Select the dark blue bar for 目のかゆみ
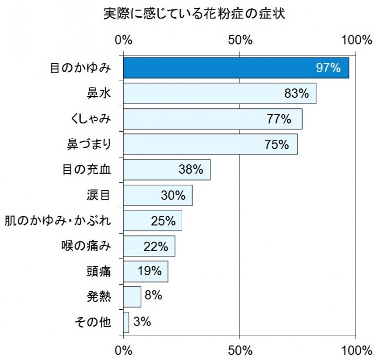(x=236, y=68)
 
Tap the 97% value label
(x=328, y=68)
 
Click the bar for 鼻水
(x=219, y=93)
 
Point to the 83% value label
(x=296, y=94)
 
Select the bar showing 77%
(x=213, y=119)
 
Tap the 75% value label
(x=276, y=144)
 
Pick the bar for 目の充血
(x=167, y=170)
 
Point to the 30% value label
(x=173, y=195)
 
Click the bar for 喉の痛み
(x=149, y=246)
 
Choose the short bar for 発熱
(x=132, y=297)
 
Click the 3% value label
(x=142, y=322)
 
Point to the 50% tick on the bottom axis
(x=239, y=348)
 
